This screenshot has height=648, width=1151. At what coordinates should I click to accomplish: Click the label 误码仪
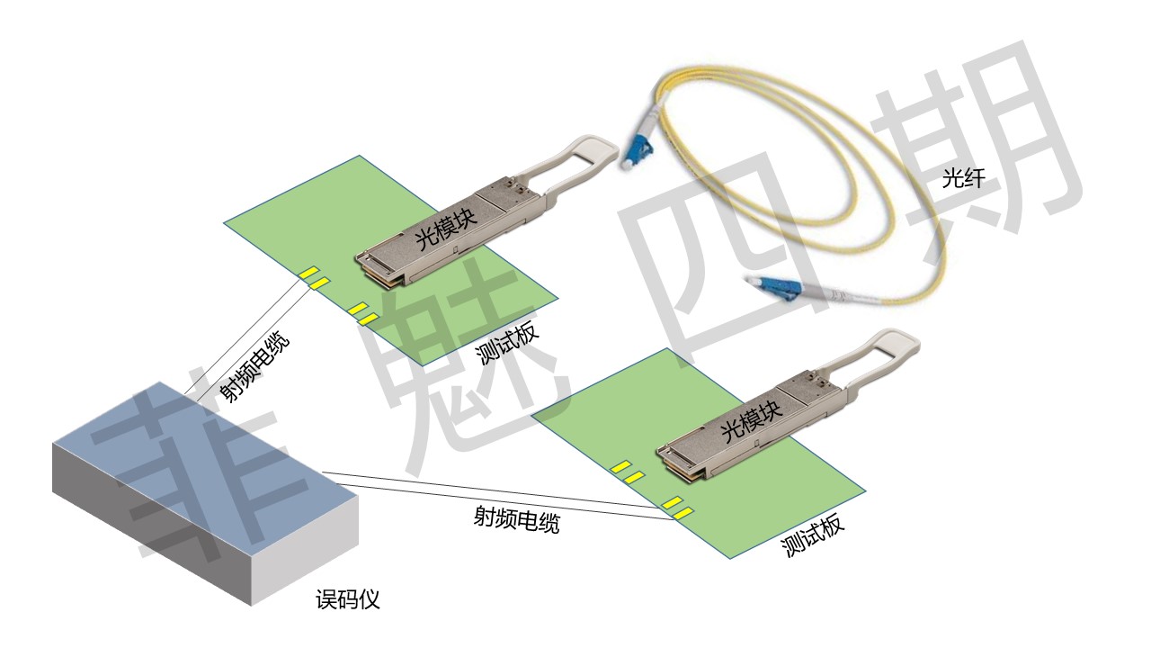[348, 599]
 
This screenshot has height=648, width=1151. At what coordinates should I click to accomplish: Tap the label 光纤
[963, 179]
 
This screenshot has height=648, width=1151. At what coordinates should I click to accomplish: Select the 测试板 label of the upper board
[509, 344]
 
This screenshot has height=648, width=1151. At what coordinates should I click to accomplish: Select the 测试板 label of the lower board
[814, 537]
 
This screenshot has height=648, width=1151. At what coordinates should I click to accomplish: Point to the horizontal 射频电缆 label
[516, 520]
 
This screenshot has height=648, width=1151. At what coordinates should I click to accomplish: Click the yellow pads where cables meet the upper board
[313, 278]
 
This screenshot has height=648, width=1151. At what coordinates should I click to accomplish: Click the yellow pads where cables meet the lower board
[677, 508]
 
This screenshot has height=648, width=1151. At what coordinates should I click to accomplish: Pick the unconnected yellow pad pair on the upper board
[362, 313]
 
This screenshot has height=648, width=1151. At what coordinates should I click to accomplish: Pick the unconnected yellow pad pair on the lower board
[627, 471]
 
